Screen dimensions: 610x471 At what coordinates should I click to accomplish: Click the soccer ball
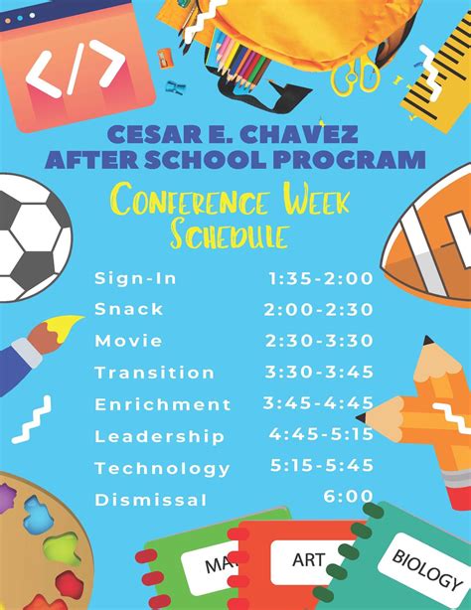(x=30, y=238)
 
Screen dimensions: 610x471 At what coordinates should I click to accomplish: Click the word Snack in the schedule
(x=129, y=309)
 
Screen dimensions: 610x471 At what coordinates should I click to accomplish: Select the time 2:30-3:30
(x=319, y=341)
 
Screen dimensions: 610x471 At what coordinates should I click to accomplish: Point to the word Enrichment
(x=162, y=404)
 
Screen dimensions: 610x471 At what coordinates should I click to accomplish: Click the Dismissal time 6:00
(x=347, y=496)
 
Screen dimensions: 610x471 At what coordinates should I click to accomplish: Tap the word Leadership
(x=159, y=436)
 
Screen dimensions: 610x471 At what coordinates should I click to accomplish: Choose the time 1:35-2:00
(x=318, y=278)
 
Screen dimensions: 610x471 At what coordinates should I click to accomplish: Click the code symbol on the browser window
(x=76, y=70)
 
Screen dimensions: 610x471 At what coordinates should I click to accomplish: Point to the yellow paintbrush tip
(x=66, y=324)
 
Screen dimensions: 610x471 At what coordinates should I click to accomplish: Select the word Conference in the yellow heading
(x=189, y=202)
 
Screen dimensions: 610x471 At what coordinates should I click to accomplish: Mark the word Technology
(x=162, y=468)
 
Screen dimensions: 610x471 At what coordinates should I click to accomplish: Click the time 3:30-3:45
(x=319, y=373)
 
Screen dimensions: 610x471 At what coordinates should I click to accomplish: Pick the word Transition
(x=154, y=373)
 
